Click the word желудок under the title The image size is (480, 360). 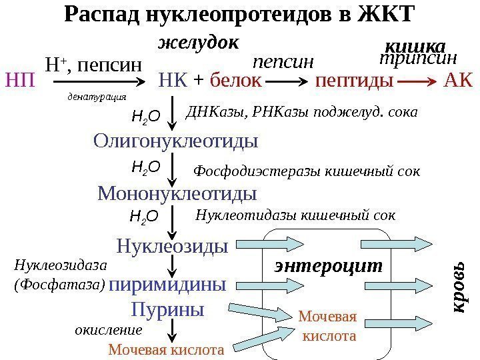pos(198,43)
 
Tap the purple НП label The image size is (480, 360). pos(20,83)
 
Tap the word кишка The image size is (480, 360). pos(416,46)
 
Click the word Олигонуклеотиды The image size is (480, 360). pos(176,141)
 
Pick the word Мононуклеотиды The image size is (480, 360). pos(177,194)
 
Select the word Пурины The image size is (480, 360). pos(167,310)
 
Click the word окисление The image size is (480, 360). pos(108,330)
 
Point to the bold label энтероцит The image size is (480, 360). pos(329,266)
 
